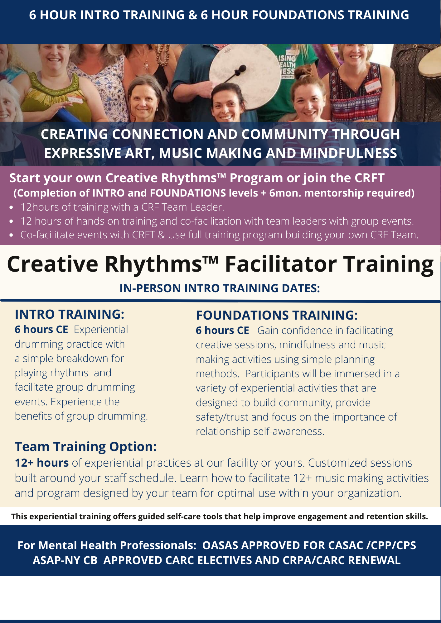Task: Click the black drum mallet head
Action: [x=240, y=70]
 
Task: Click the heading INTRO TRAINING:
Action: [x=70, y=314]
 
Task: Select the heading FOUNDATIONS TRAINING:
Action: [x=277, y=315]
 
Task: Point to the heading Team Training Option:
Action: [x=85, y=447]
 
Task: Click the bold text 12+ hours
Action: [x=42, y=463]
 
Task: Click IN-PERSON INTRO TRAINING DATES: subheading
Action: [x=220, y=288]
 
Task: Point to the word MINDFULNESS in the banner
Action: [x=348, y=153]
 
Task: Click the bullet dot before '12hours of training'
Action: [x=12, y=207]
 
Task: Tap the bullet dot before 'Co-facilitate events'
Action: [x=12, y=235]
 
